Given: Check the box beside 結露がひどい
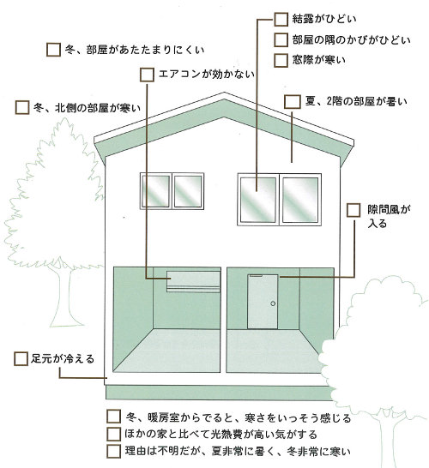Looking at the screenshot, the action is pyautogui.click(x=281, y=19).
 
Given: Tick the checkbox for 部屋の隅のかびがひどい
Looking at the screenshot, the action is pyautogui.click(x=281, y=39).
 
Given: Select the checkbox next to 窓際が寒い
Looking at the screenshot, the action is pyautogui.click(x=281, y=60).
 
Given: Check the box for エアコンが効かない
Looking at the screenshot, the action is pyautogui.click(x=147, y=75).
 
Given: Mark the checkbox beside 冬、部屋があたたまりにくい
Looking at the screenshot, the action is pyautogui.click(x=54, y=50).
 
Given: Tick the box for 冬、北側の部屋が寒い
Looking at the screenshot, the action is pyautogui.click(x=22, y=107).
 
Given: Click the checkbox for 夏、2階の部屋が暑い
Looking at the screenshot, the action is pyautogui.click(x=293, y=102).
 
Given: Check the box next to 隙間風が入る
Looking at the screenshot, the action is pyautogui.click(x=353, y=210).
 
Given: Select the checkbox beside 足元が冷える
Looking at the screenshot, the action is pyautogui.click(x=21, y=359).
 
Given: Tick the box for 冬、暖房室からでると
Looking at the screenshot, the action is pyautogui.click(x=113, y=417).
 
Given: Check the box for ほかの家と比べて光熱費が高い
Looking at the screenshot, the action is pyautogui.click(x=113, y=434).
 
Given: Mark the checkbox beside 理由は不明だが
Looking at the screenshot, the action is pyautogui.click(x=113, y=451).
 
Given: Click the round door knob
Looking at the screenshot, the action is pyautogui.click(x=273, y=303).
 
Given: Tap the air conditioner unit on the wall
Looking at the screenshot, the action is pyautogui.click(x=193, y=281).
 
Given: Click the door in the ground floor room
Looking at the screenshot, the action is pyautogui.click(x=263, y=302).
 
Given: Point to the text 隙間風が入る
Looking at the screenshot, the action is pyautogui.click(x=389, y=217).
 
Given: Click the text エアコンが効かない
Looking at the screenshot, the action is pyautogui.click(x=207, y=74).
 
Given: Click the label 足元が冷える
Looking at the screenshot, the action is pyautogui.click(x=63, y=359).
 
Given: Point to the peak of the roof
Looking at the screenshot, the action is pyautogui.click(x=224, y=93).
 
